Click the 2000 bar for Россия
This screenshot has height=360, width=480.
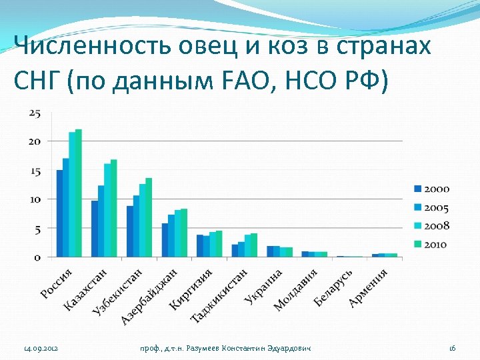59,213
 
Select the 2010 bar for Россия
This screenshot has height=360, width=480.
79,193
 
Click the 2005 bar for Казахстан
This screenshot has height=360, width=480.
101,221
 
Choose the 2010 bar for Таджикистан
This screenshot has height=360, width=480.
254,245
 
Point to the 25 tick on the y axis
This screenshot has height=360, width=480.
35,113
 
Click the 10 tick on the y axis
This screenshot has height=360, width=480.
35,199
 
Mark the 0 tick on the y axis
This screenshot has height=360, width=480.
37,257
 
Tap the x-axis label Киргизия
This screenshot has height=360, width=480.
191,289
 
